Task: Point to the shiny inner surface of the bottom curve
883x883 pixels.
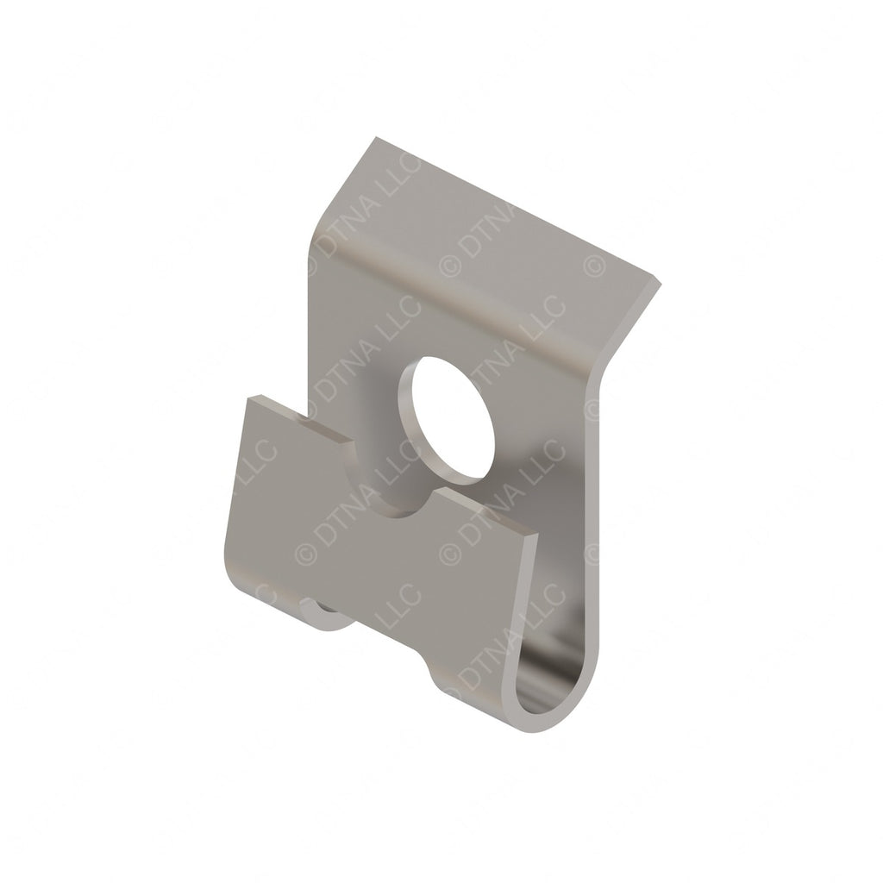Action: coord(552,681)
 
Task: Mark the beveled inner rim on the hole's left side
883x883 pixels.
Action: coord(412,414)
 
